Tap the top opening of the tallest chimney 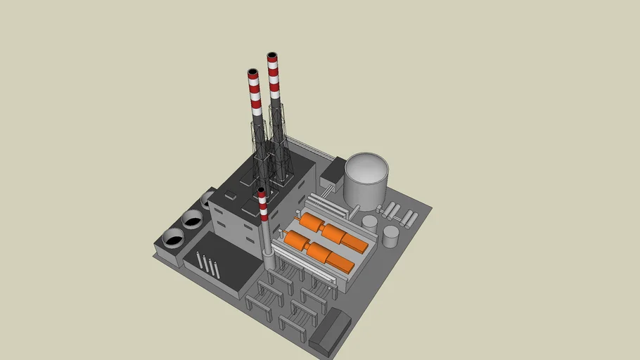(x=272, y=55)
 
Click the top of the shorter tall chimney (x=253, y=72)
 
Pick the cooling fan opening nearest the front (x=173, y=236)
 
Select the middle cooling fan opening (x=191, y=217)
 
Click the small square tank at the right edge (x=390, y=236)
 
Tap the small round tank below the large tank (x=369, y=221)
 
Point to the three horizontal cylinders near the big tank (x=390, y=210)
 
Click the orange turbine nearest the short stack (x=297, y=243)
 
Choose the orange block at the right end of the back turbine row (x=354, y=243)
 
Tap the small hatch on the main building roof (x=230, y=193)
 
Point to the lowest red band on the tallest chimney (x=275, y=92)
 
